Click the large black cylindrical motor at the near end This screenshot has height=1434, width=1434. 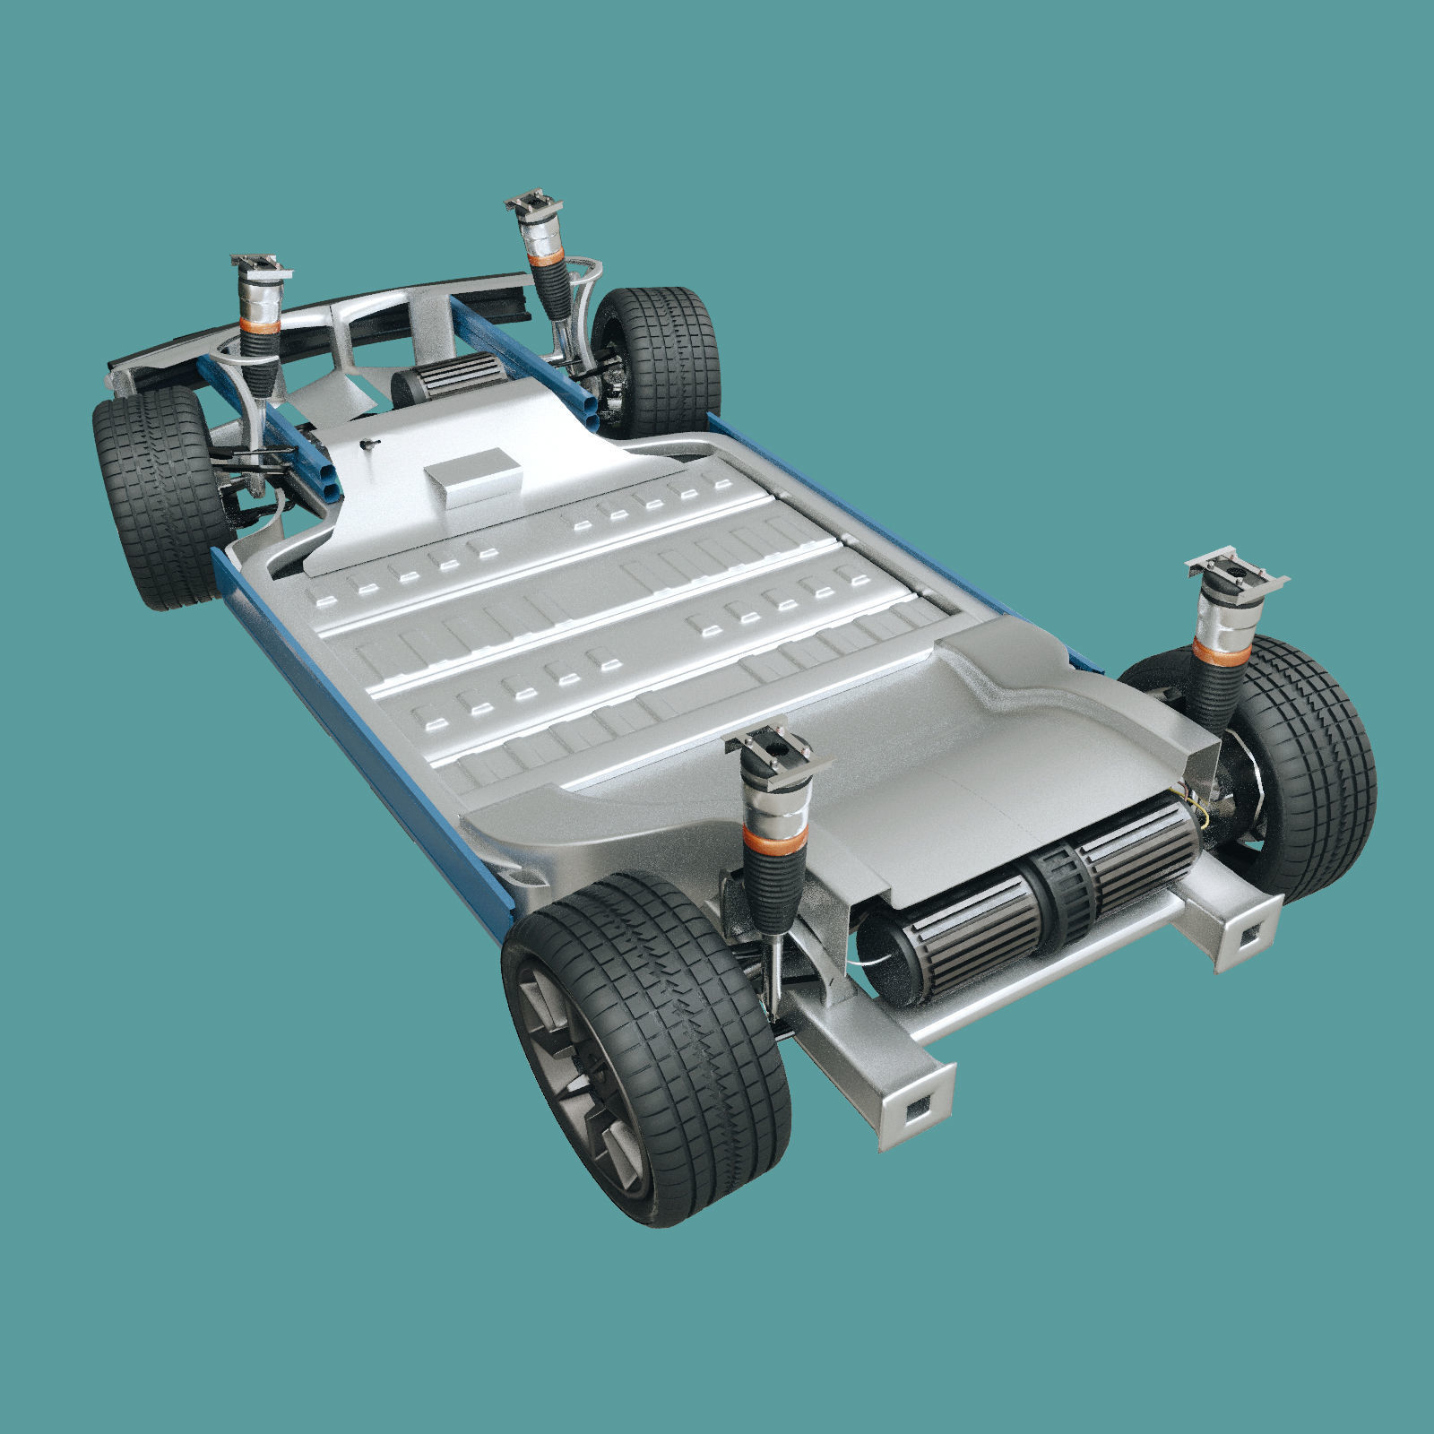click(x=1031, y=905)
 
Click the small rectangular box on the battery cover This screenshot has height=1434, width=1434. click(x=473, y=477)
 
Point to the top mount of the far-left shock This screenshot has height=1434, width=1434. click(x=261, y=264)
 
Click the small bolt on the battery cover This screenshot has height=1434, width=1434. click(x=367, y=443)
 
